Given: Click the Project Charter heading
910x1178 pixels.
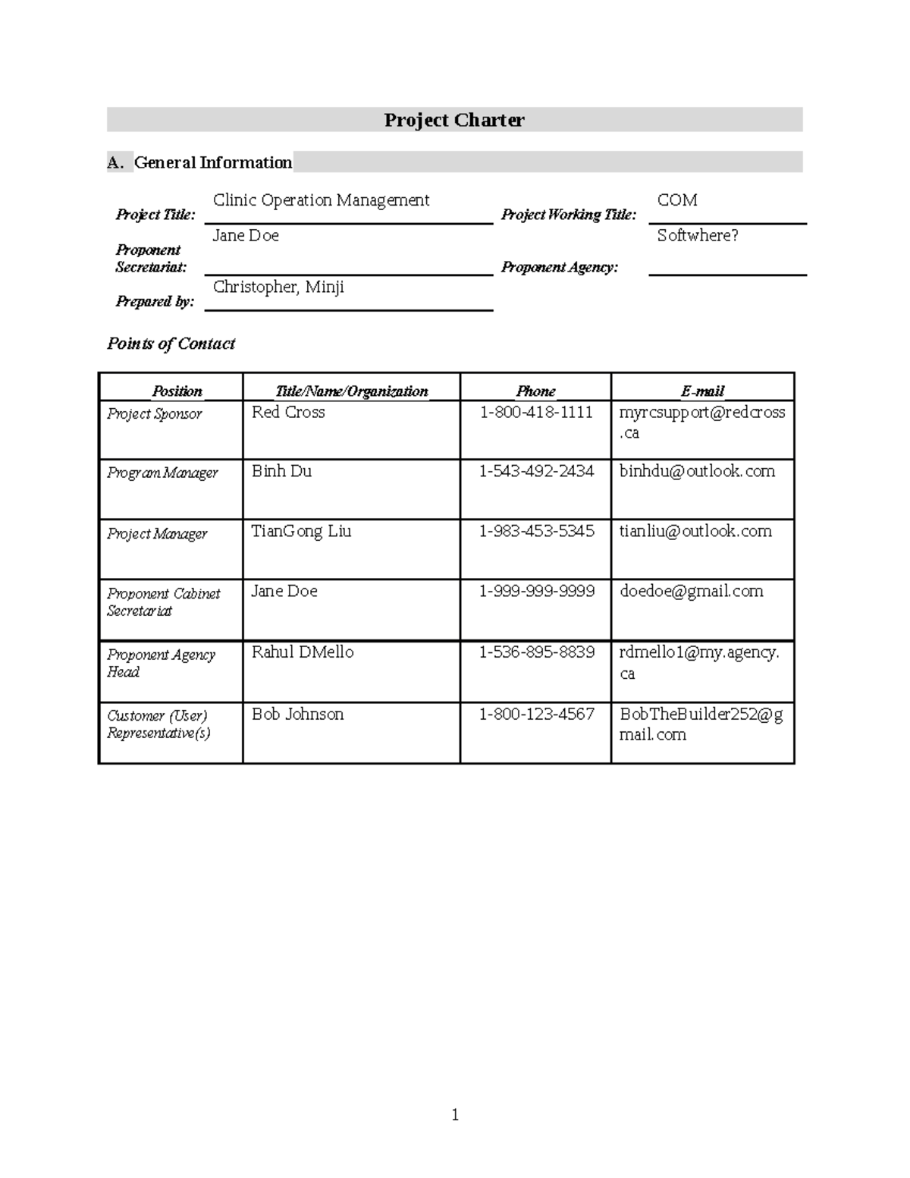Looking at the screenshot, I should coord(453,120).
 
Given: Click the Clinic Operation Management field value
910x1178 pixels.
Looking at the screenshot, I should coord(321,200).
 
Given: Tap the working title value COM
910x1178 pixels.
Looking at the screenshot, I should coord(677,200).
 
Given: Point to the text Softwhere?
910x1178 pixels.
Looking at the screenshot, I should coord(698,236).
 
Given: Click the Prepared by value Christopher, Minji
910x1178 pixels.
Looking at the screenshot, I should coord(278,287).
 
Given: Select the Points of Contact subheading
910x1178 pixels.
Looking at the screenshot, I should coord(171,344).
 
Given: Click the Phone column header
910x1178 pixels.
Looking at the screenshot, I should coord(535,391).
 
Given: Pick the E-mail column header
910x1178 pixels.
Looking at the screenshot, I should coord(702,391).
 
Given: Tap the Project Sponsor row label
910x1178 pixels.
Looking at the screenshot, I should coord(155,414).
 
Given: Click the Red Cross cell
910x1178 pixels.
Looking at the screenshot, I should coord(288,413).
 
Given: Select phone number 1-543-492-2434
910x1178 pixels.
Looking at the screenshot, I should coord(536,471).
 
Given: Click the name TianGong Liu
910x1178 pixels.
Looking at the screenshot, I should coord(301,531).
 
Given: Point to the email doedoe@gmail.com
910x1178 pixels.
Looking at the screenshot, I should coord(691,592).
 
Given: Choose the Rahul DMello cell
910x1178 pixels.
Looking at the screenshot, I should coord(303,652).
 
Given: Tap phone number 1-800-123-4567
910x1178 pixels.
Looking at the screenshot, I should coord(536,715).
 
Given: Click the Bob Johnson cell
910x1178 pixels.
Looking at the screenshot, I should coord(297,715).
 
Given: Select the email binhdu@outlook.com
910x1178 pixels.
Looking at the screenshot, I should coord(697,471).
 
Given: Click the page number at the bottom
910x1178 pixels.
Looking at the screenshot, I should coord(455,1114).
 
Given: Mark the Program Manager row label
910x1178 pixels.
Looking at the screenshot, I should coord(162,473).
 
